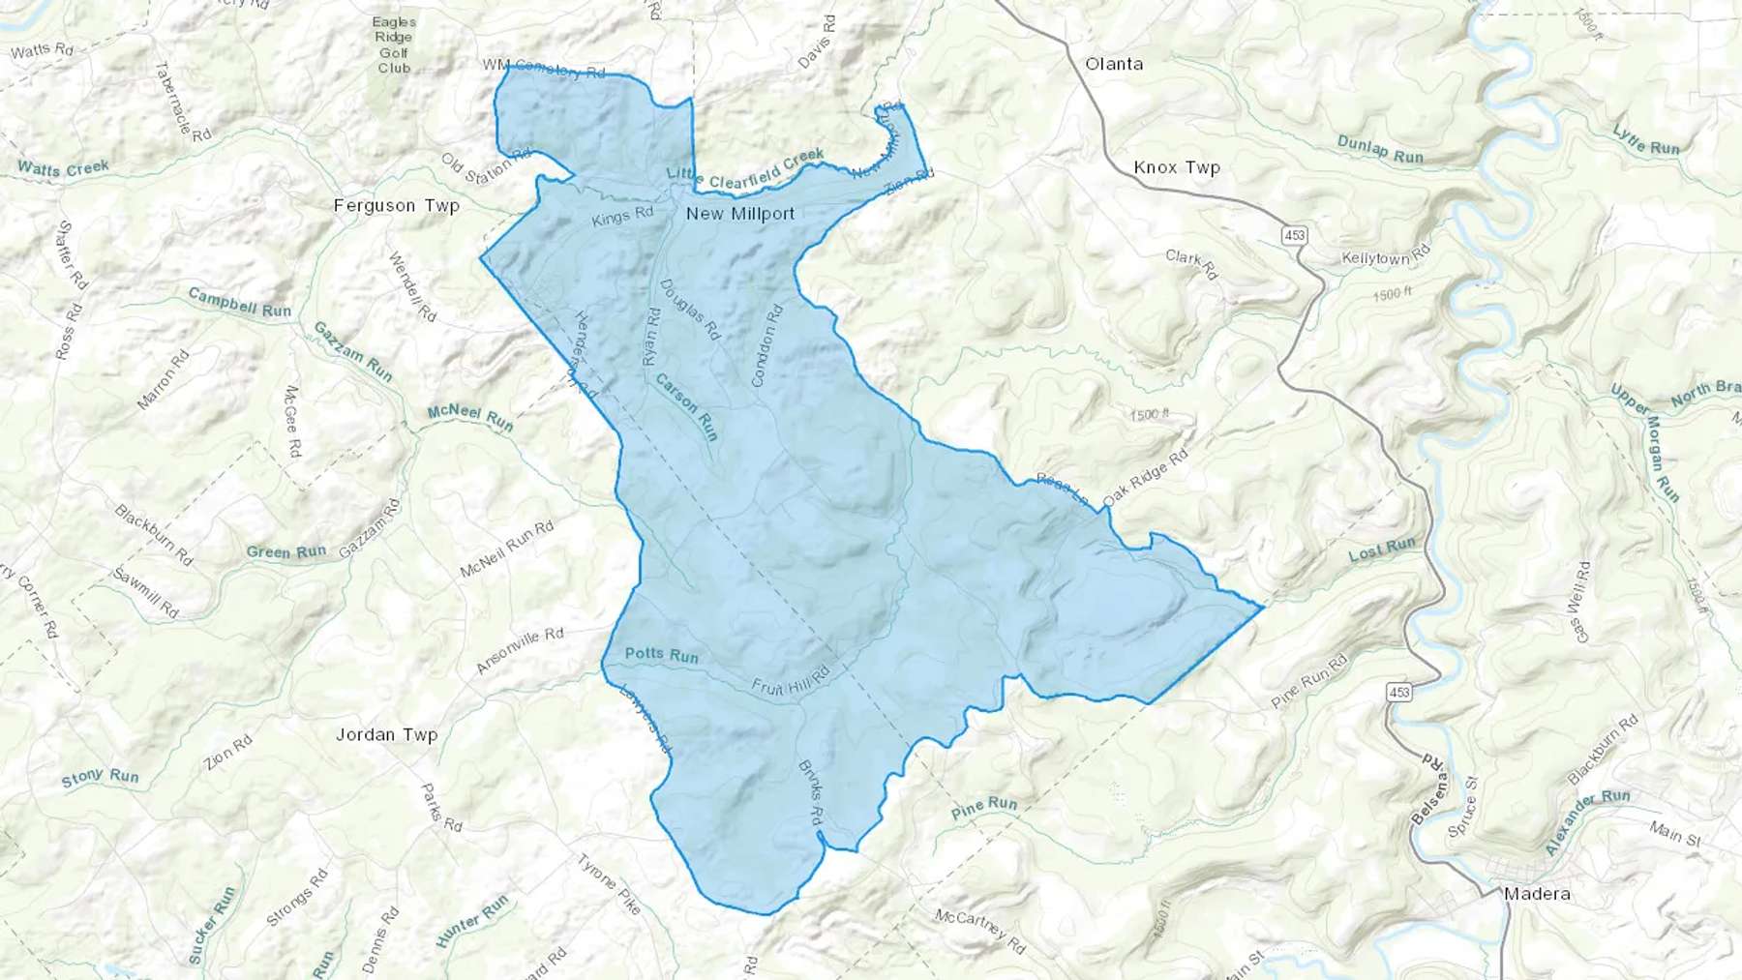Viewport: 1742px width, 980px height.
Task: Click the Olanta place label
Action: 1114,64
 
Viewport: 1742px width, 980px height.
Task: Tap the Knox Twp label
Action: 1177,167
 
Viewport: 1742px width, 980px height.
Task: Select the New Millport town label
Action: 740,214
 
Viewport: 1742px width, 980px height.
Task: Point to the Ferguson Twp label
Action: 396,205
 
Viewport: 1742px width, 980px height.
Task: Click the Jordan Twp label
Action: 386,734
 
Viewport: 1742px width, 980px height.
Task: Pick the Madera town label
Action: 1537,894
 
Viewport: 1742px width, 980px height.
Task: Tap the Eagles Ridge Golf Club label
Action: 394,45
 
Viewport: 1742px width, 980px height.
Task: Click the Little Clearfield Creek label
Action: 745,168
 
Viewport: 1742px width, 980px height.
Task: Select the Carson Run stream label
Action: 687,407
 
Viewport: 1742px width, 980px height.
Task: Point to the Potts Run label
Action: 661,655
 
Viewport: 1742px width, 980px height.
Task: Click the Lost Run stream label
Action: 1382,549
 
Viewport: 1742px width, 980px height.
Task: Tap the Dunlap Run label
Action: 1380,149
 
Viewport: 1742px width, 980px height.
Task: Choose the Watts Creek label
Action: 63,169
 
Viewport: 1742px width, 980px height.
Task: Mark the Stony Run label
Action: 100,777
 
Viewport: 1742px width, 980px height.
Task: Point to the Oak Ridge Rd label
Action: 1145,478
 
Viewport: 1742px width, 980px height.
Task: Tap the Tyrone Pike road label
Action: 609,883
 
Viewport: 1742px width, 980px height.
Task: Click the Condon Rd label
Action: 766,345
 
